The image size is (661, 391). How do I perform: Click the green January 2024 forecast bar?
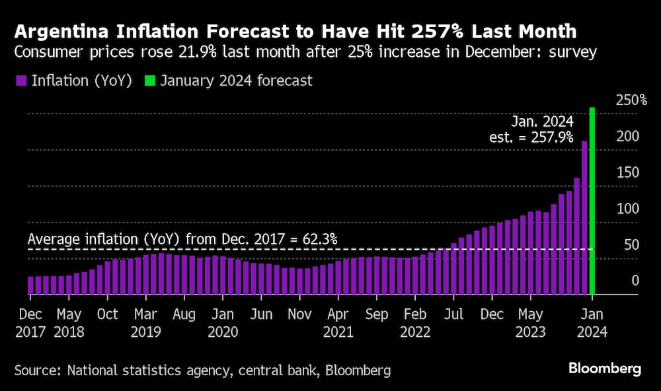point(592,201)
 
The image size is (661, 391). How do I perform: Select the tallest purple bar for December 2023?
point(584,218)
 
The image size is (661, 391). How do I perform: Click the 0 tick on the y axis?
point(635,281)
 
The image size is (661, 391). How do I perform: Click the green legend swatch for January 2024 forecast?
point(150,81)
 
